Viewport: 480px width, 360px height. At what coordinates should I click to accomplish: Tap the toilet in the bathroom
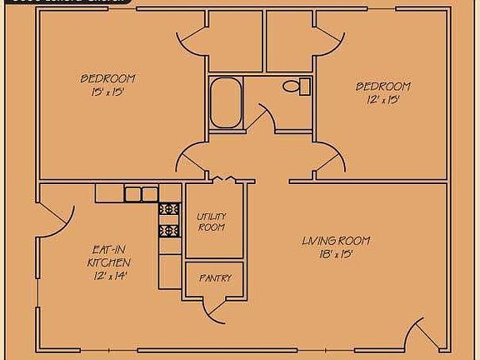point(294,86)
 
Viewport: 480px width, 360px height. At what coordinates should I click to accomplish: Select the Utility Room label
point(211,222)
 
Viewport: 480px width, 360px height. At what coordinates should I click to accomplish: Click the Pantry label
point(214,278)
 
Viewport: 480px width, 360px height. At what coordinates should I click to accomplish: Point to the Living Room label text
point(336,242)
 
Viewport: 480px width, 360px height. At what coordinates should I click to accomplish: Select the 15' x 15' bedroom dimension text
point(108,92)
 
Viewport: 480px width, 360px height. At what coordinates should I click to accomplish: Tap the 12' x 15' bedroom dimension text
point(383,100)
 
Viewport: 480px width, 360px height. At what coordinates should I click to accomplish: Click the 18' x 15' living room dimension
point(336,254)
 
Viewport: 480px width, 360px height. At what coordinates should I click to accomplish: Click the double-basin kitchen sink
point(141,194)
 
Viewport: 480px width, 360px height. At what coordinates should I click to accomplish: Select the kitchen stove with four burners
point(169,219)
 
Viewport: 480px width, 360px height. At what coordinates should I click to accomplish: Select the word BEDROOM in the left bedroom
point(107,79)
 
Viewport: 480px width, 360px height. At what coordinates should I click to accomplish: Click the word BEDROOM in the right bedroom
point(383,87)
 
